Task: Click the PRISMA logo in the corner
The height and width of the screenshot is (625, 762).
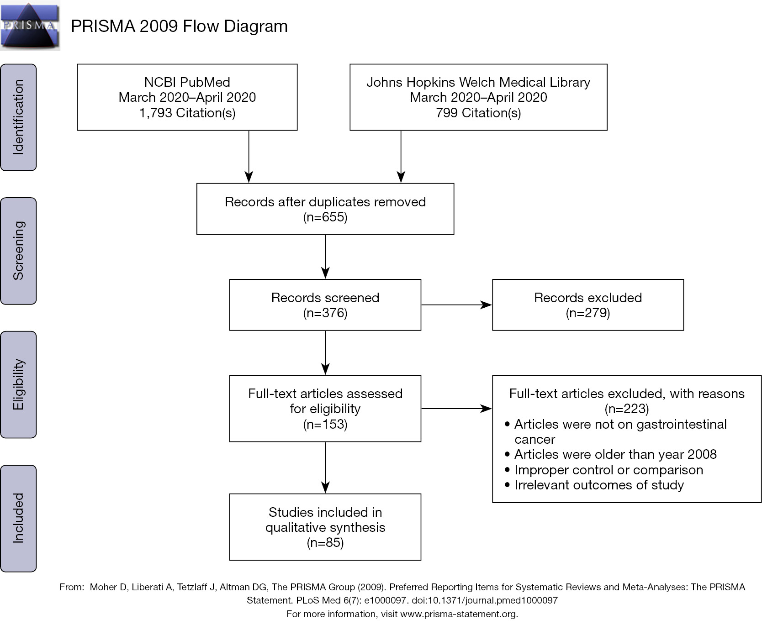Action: (x=30, y=25)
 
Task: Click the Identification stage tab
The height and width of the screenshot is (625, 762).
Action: (x=18, y=117)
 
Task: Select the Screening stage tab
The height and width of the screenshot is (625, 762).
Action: (x=18, y=251)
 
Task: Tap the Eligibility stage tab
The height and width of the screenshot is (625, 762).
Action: (x=18, y=384)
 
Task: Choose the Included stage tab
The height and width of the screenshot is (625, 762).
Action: (x=18, y=518)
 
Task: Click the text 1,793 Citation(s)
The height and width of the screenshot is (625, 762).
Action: (x=187, y=113)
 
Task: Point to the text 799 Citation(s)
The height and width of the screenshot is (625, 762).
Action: (x=478, y=113)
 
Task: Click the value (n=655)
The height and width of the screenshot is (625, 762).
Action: (x=325, y=217)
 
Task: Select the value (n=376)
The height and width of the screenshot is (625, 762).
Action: (x=325, y=313)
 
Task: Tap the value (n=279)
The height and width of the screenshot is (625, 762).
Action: (x=588, y=313)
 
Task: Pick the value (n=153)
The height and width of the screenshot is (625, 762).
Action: (x=325, y=424)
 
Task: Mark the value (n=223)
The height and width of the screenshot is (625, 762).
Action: (x=627, y=409)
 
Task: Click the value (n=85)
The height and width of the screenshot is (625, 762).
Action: (x=325, y=542)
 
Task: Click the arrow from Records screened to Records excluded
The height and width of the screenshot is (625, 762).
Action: (x=456, y=305)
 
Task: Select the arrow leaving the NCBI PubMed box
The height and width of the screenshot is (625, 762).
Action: (x=249, y=157)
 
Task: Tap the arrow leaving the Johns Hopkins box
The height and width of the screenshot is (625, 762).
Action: (x=401, y=157)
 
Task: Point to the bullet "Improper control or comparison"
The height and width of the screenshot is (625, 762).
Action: (x=603, y=470)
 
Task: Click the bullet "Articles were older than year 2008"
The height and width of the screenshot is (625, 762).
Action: (x=610, y=454)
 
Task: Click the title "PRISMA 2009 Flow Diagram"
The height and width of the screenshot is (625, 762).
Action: (x=179, y=26)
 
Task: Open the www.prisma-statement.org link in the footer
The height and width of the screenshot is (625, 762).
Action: (x=458, y=614)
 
